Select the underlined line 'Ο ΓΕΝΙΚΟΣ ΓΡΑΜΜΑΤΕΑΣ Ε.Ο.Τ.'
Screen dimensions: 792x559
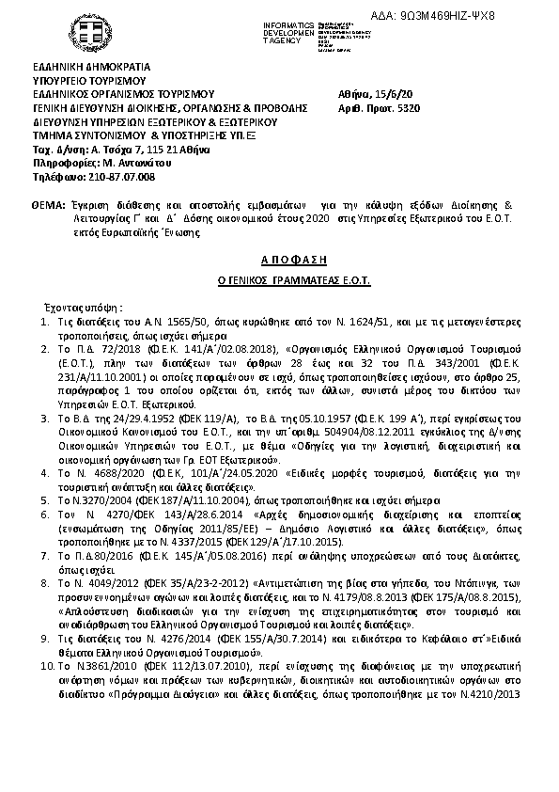click(x=279, y=279)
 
